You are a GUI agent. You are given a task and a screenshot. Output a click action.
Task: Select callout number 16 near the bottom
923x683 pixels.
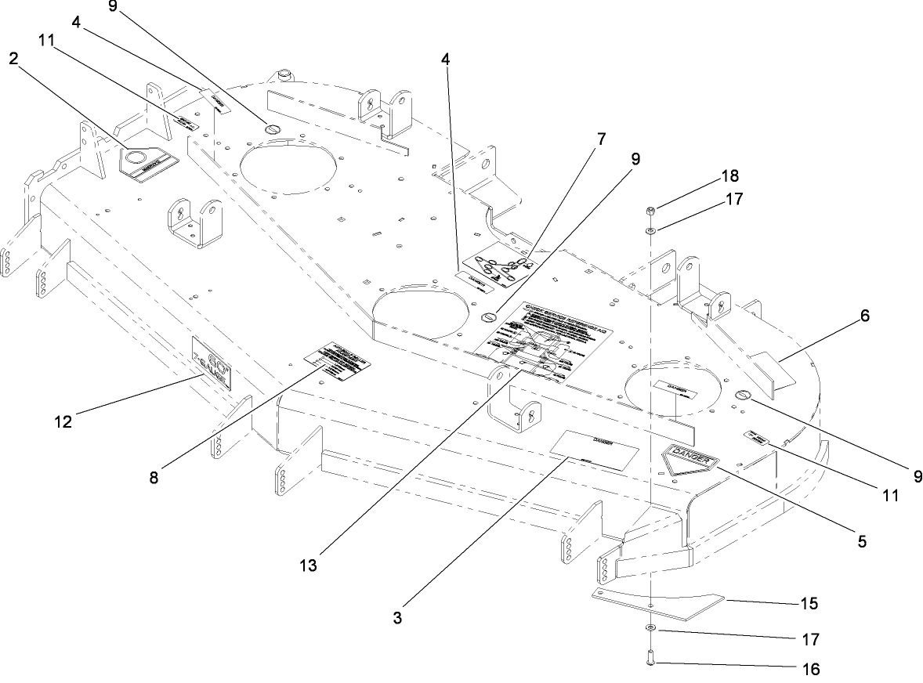[810, 670]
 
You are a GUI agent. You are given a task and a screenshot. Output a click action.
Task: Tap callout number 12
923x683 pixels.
[63, 422]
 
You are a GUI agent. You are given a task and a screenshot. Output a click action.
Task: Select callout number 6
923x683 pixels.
[864, 316]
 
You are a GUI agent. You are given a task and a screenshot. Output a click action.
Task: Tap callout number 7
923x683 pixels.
[601, 139]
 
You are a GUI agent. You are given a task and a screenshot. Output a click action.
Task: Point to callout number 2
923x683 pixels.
[13, 57]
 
